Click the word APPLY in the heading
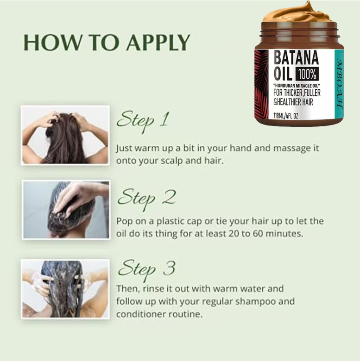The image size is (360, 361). pos(158,43)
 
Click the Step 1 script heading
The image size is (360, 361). pos(143,121)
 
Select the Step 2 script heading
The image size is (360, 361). pos(147,199)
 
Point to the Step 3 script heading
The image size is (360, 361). pos(147,270)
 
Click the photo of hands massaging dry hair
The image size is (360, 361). pos(65,135)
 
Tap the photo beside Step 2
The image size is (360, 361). pos(66,210)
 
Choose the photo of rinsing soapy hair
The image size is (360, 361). pos(65,289)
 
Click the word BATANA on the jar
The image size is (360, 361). pos(296,58)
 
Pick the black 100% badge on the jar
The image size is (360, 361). pos(307,74)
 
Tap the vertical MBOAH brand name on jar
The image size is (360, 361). pos(339,84)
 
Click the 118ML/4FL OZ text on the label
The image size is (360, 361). pos(285,116)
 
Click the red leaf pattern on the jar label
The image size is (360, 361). pos(261,84)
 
